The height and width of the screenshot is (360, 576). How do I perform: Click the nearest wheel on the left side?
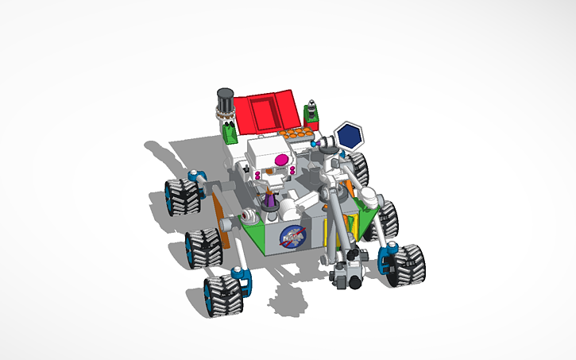pyautogui.click(x=224, y=295)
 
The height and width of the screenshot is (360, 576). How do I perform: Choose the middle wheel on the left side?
pyautogui.click(x=203, y=248)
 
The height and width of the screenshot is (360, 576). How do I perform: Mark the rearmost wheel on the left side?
pyautogui.click(x=181, y=197)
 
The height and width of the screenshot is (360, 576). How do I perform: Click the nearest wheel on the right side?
pyautogui.click(x=405, y=263)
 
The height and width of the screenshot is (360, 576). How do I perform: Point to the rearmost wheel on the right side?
pyautogui.click(x=358, y=168)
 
